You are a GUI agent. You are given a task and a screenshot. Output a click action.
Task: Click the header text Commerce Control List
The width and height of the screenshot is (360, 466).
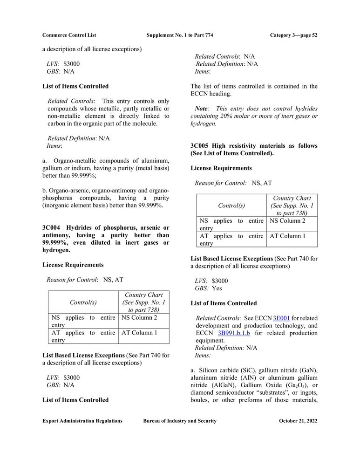(x=69, y=35)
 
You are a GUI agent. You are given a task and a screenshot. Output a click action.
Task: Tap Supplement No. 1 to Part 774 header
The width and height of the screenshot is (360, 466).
(x=180, y=35)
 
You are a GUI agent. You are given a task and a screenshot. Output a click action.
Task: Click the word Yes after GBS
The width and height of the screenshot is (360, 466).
(x=217, y=288)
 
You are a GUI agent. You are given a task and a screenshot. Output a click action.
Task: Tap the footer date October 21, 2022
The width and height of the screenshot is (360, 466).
(x=298, y=421)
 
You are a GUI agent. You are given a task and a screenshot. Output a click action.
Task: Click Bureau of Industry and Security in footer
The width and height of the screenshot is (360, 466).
(x=180, y=421)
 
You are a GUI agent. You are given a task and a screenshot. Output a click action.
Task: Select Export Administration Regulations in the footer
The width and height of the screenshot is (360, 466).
(x=82, y=421)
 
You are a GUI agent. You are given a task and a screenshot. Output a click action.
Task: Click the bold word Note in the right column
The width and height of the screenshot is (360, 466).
(x=202, y=108)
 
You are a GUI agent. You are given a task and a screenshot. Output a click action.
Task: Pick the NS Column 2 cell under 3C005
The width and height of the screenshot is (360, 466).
(x=288, y=220)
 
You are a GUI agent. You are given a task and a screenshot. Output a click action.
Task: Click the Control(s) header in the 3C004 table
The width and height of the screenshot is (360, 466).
(x=83, y=302)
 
